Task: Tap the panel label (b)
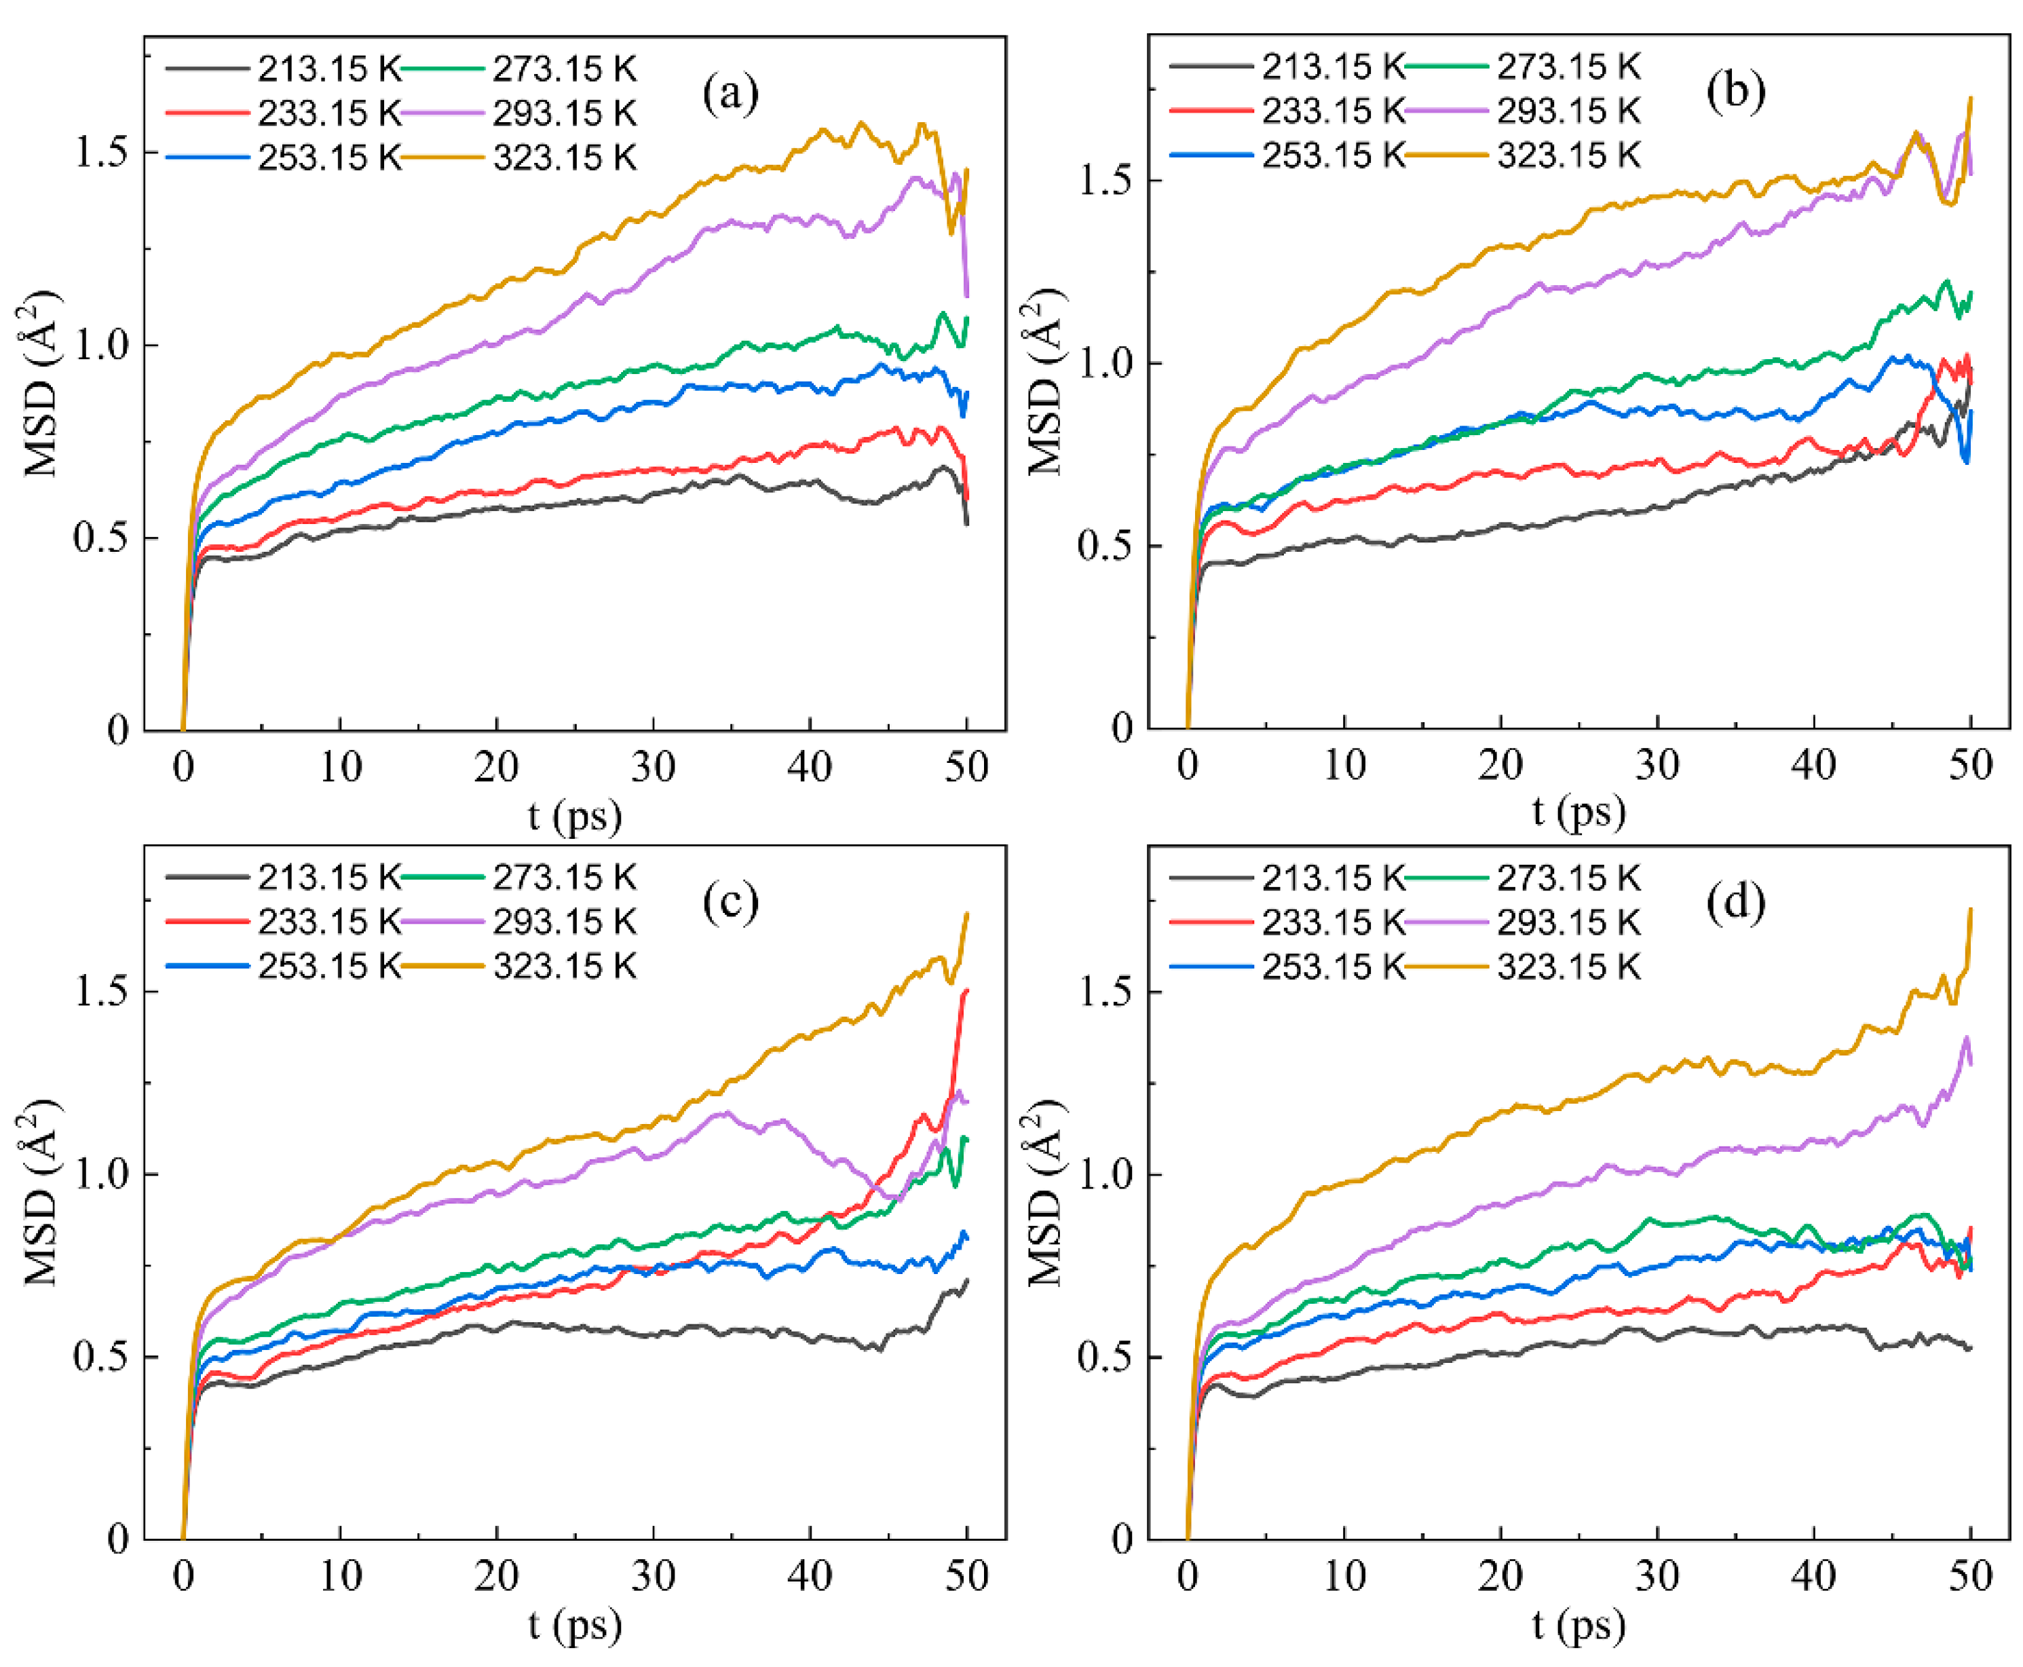1735,91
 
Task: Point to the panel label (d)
1735,903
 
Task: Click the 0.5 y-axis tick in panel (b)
1106,546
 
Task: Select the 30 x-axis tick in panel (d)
1657,1576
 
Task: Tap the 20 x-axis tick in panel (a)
496,767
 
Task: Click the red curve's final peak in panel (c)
966,990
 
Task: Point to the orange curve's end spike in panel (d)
1970,910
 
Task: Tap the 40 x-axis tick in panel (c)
810,1576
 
